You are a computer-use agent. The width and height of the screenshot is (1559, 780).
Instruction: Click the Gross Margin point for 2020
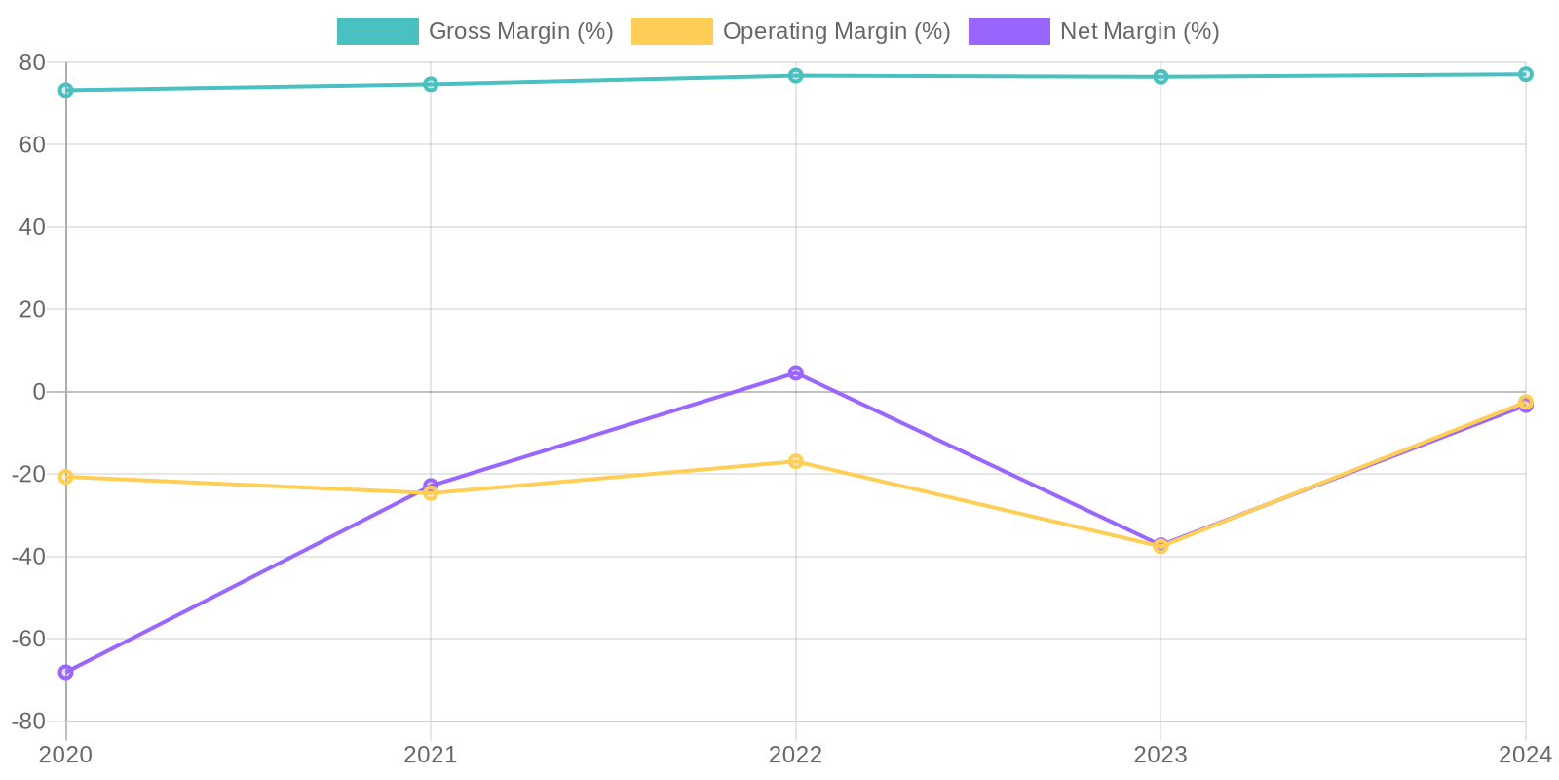(x=66, y=91)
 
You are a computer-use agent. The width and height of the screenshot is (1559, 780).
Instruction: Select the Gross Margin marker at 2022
(x=796, y=76)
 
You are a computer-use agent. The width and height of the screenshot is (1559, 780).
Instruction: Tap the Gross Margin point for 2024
(x=1525, y=74)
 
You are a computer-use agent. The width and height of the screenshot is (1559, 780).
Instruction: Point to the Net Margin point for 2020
(x=66, y=672)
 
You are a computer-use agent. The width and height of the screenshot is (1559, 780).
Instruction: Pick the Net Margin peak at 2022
(x=796, y=373)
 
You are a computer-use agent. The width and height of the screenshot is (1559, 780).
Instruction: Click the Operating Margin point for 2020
(x=66, y=477)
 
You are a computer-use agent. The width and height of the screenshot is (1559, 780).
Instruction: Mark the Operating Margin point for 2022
(x=796, y=461)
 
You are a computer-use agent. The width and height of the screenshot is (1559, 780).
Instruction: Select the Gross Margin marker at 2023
(x=1160, y=77)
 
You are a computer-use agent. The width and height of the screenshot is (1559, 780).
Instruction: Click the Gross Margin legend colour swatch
(x=377, y=31)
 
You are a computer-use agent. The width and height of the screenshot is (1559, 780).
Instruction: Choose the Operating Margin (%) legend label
(x=836, y=31)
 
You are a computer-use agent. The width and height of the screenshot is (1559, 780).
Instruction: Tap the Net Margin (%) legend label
(x=1139, y=31)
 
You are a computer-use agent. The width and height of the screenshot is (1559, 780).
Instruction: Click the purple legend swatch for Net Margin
(x=1008, y=31)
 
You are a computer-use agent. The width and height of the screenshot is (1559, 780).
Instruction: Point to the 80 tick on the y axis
(x=32, y=62)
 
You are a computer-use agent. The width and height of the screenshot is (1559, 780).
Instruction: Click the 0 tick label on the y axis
(x=39, y=392)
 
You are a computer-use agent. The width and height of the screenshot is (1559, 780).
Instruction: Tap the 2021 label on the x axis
(x=431, y=755)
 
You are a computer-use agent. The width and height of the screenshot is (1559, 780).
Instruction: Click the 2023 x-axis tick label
(x=1160, y=755)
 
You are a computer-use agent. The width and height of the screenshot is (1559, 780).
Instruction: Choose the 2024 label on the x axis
(x=1524, y=755)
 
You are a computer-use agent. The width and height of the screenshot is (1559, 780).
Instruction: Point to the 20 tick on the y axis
(x=32, y=309)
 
